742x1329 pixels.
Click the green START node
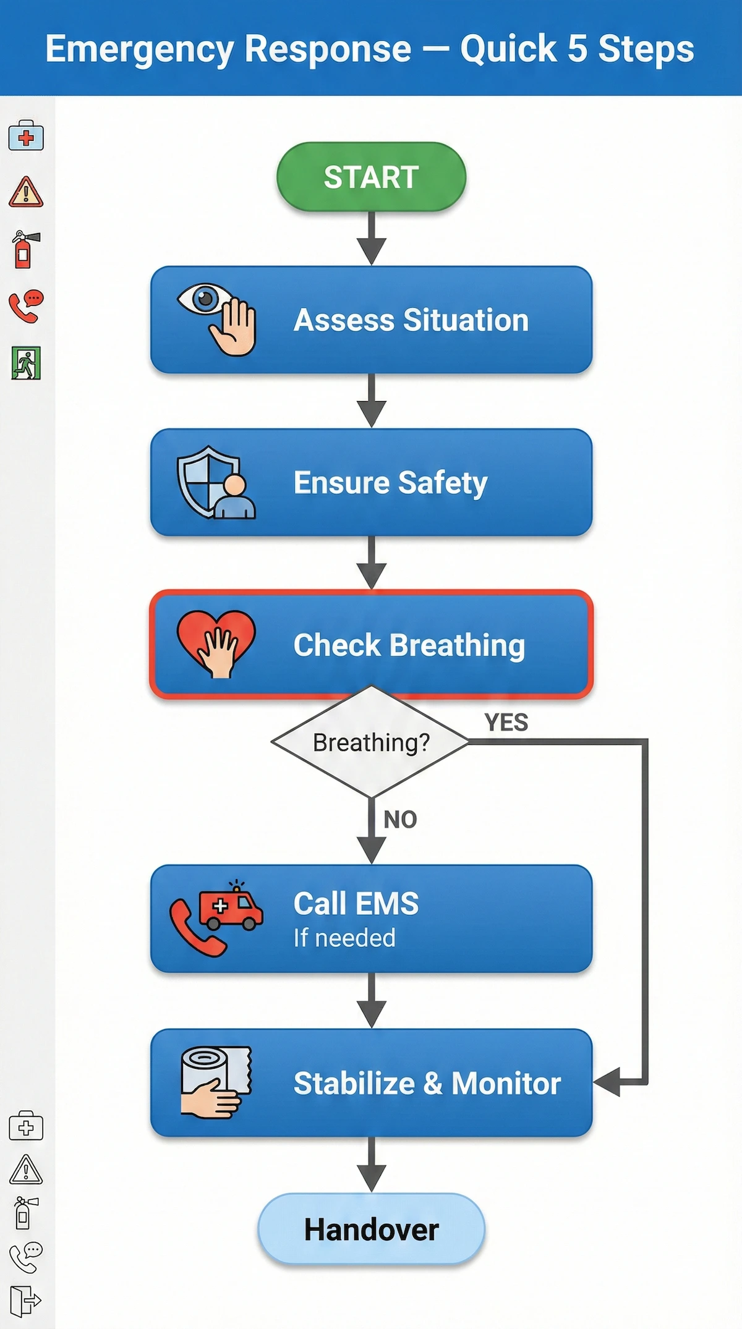click(371, 177)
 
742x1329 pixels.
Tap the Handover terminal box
click(371, 1229)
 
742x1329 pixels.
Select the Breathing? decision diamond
click(371, 742)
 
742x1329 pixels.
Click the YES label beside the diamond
click(506, 722)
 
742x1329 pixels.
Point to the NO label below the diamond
click(400, 820)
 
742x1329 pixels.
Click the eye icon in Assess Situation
click(205, 300)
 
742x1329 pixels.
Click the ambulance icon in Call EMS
click(231, 907)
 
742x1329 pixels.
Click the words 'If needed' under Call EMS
click(344, 938)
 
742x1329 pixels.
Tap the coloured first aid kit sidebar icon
click(26, 136)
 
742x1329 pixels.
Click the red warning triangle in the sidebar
click(26, 192)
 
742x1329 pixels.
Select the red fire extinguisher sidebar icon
click(25, 250)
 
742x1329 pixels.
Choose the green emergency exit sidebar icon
click(26, 363)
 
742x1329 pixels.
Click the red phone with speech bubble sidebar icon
click(26, 306)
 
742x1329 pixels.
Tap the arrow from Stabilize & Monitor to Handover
click(372, 1166)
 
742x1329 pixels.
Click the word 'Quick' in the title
click(508, 49)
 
